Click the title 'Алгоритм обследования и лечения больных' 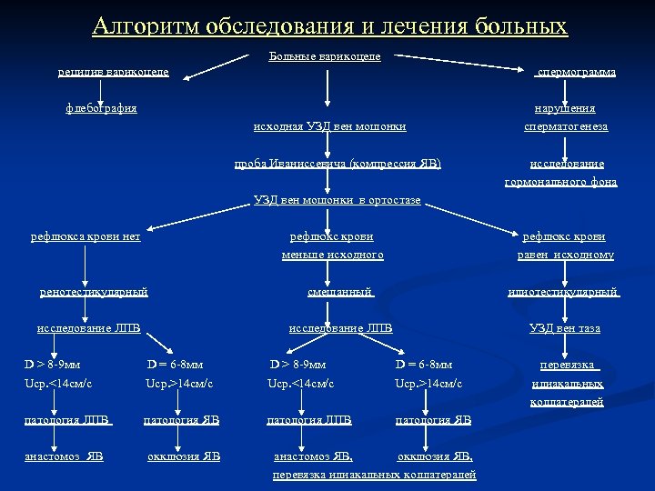point(328,26)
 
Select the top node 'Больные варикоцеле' point(325,56)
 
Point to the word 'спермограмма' point(576,71)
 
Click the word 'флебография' point(102,108)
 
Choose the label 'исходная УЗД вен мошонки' point(329,126)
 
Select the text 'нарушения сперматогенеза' point(565,117)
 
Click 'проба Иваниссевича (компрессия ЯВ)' point(338,164)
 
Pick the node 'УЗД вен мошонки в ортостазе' point(337,200)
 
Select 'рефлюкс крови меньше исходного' point(332,245)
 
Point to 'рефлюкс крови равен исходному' point(566,245)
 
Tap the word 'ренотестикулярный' point(95,292)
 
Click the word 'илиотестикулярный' point(565,292)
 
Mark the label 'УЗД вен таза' point(565,327)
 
